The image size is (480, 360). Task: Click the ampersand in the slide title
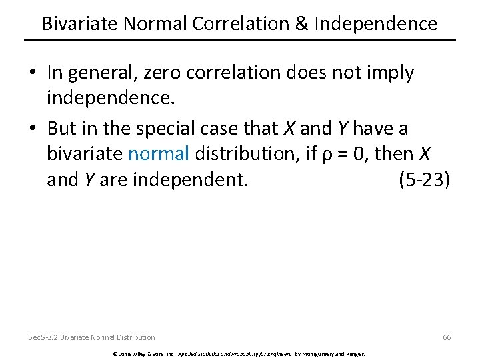pyautogui.click(x=300, y=24)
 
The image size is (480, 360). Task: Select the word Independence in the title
pyautogui.click(x=376, y=24)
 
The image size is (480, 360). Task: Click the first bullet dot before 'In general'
pyautogui.click(x=34, y=73)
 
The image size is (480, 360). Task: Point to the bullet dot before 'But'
pyautogui.click(x=34, y=127)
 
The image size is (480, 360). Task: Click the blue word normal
pyautogui.click(x=159, y=154)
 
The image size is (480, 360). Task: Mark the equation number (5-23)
pyautogui.click(x=424, y=180)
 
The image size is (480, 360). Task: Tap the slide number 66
pyautogui.click(x=447, y=337)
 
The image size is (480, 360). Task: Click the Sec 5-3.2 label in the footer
pyautogui.click(x=43, y=337)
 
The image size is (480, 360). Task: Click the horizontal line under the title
pyautogui.click(x=240, y=41)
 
